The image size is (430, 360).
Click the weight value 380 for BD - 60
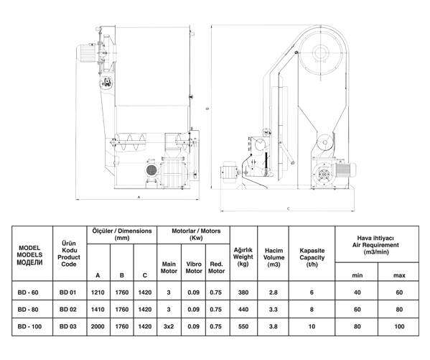tap(243, 292)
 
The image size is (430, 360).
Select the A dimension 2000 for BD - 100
tap(98, 326)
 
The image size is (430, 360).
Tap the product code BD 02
tap(67, 310)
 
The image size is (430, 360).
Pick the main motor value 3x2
tap(169, 326)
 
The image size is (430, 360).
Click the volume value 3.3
tap(273, 310)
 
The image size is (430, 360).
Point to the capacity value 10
tap(312, 326)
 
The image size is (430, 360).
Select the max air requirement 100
tap(399, 326)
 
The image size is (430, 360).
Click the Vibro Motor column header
tap(194, 267)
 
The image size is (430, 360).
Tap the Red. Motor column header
tap(216, 267)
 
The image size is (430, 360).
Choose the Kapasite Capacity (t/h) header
tap(312, 257)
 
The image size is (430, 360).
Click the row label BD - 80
tap(28, 310)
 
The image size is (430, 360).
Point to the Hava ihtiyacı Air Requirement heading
tap(375, 245)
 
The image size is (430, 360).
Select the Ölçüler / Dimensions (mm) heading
tap(122, 234)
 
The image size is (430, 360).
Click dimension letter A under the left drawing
tap(139, 197)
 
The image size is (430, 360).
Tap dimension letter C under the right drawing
tap(288, 208)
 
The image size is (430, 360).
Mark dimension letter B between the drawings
tap(207, 109)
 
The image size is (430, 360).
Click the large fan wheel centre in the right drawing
tap(320, 52)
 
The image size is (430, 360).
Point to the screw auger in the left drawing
tap(130, 142)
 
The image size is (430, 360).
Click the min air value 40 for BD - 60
tap(357, 292)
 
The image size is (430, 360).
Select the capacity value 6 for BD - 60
tap(312, 292)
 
